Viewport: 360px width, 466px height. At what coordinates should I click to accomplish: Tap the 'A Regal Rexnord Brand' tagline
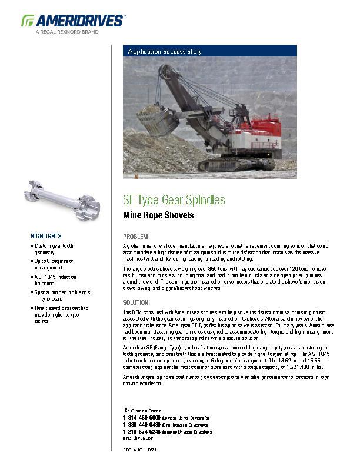point(67,32)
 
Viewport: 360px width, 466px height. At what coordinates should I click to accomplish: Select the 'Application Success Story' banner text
point(165,52)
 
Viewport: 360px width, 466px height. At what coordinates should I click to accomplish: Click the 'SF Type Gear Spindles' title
point(174,200)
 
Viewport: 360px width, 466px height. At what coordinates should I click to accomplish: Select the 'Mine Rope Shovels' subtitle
point(158,215)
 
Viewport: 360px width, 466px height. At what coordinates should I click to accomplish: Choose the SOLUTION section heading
point(136,302)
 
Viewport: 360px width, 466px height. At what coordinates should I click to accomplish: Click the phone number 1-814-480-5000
point(141,417)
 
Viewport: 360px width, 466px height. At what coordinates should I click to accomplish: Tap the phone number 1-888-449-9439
point(141,424)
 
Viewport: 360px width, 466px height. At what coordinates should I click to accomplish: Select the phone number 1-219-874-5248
point(141,431)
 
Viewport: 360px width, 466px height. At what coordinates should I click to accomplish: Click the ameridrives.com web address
point(138,438)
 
